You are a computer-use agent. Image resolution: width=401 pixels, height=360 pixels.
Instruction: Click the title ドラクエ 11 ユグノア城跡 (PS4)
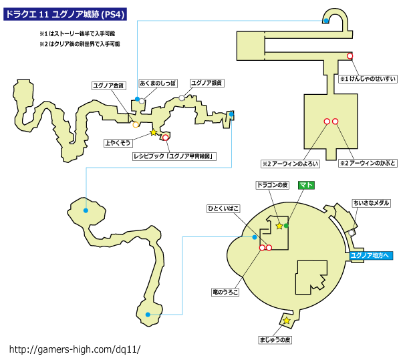[65, 14]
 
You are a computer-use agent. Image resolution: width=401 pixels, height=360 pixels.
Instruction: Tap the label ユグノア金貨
[109, 85]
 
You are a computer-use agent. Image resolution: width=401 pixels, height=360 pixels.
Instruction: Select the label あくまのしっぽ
[158, 83]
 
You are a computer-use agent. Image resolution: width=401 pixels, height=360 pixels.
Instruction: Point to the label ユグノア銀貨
[207, 83]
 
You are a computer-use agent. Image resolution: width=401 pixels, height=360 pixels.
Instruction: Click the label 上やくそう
[118, 143]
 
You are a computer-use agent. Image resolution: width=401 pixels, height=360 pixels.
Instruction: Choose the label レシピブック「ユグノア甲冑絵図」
[174, 156]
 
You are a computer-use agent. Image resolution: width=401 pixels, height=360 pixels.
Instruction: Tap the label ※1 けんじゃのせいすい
[368, 79]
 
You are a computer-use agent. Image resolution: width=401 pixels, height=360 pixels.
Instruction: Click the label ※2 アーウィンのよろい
[290, 164]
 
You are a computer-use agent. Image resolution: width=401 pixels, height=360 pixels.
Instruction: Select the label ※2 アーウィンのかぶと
[368, 163]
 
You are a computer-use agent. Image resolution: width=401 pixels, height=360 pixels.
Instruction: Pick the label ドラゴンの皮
[273, 185]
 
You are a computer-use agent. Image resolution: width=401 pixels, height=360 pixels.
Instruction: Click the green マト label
[306, 185]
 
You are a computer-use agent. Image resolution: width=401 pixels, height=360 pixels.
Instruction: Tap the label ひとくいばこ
[223, 209]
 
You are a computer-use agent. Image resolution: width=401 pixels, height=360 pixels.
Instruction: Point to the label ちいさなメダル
[372, 203]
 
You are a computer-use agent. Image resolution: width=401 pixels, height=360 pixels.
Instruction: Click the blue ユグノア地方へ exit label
[371, 256]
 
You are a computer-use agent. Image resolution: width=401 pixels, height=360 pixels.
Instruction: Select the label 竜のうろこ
[225, 292]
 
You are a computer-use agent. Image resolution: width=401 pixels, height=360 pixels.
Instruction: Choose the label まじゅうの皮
[275, 340]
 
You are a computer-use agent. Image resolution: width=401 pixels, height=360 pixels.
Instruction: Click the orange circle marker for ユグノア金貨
[136, 125]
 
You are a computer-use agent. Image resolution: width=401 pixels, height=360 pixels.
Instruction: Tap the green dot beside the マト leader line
[286, 226]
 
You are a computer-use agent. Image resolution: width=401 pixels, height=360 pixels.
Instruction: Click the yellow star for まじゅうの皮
[287, 321]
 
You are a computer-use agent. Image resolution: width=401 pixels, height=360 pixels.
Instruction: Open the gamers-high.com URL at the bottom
[75, 349]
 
